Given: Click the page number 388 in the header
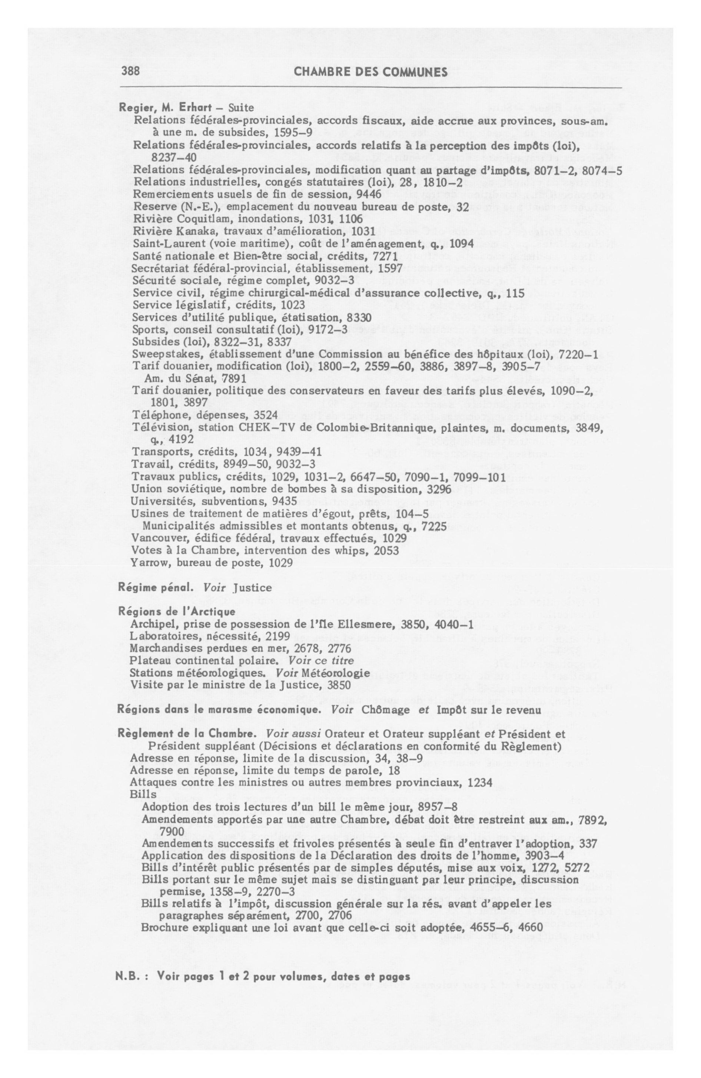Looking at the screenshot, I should (x=130, y=72).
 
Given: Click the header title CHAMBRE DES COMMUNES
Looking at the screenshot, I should (x=371, y=72).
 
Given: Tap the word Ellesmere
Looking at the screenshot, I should (x=371, y=625).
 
